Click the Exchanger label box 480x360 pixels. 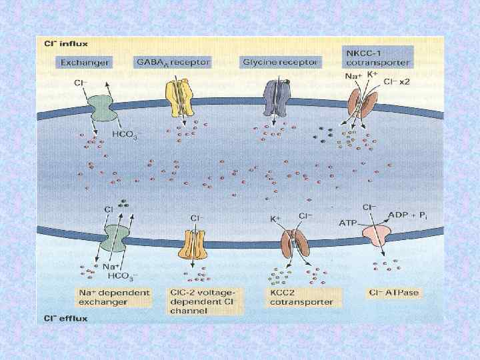point(85,62)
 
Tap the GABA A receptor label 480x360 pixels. point(172,62)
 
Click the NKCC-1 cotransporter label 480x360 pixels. point(378,57)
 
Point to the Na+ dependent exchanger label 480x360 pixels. point(113,297)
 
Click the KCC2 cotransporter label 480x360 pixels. point(301,297)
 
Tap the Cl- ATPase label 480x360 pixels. point(395,293)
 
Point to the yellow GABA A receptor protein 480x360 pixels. point(179,99)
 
